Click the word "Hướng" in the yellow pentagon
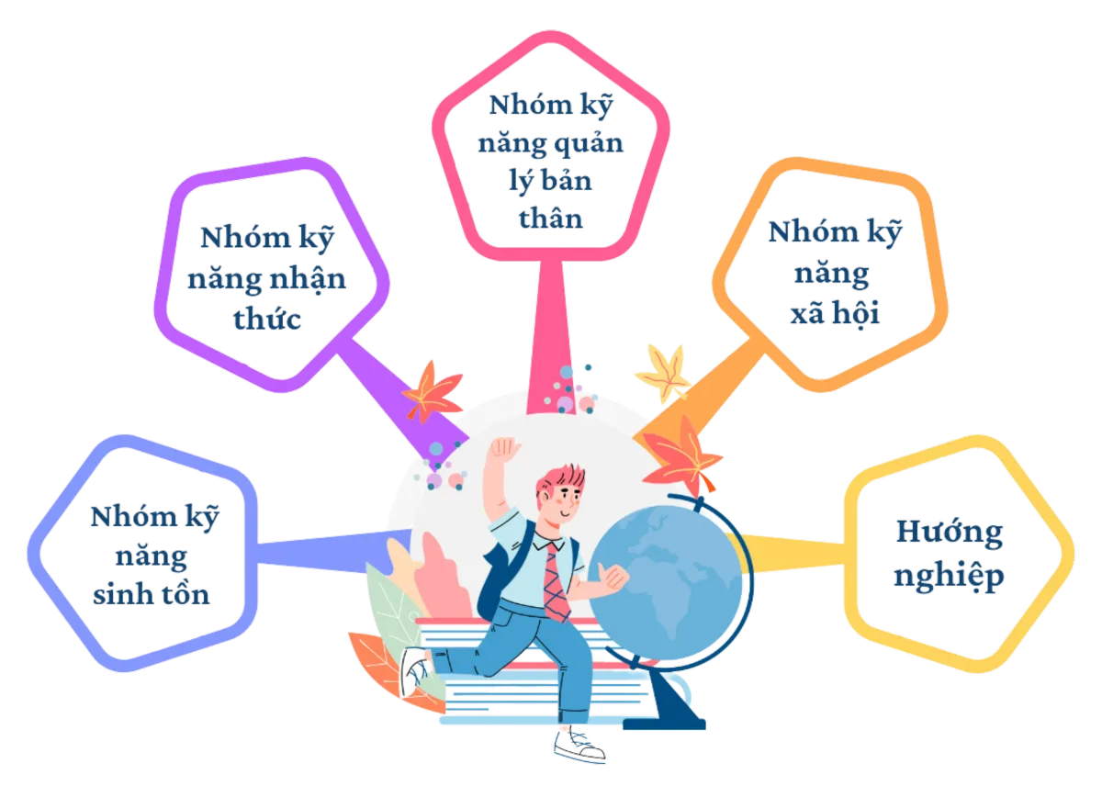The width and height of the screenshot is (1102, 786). tap(949, 533)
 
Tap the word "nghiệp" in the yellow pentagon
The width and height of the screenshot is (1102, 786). tap(949, 577)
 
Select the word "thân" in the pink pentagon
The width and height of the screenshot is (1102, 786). tap(548, 220)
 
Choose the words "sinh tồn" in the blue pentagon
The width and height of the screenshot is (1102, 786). tap(152, 595)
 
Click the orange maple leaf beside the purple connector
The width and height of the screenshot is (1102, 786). tap(432, 389)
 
